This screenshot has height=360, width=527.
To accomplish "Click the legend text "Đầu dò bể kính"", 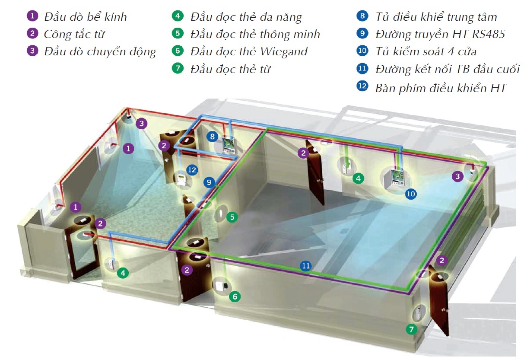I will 85,17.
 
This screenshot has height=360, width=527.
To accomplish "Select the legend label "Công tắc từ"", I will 74,34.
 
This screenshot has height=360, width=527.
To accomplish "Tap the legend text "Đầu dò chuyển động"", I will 100,51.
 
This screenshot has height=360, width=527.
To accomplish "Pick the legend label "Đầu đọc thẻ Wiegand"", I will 249,51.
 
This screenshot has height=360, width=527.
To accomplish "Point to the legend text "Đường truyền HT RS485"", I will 440,34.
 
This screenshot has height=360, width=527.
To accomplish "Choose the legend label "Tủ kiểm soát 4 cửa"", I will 426,51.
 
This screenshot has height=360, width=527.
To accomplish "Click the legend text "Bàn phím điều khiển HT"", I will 441,88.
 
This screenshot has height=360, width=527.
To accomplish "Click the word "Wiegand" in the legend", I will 284,51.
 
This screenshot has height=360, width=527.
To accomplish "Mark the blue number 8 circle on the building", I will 212,137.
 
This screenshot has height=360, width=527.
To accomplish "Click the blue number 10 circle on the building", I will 411,194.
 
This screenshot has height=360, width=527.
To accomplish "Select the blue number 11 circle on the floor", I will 306,266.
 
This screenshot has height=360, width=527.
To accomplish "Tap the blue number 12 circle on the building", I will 192,170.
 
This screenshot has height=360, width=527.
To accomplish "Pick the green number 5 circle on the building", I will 232,217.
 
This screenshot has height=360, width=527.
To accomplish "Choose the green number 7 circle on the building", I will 412,330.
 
